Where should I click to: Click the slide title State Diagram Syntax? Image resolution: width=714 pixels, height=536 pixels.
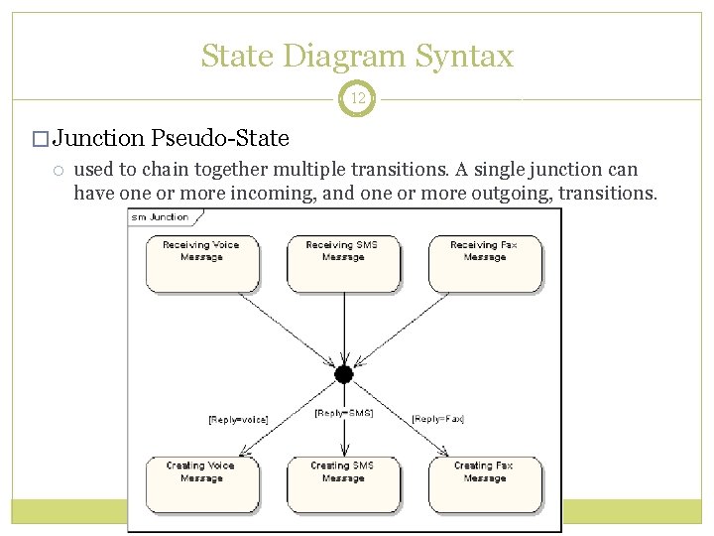click(357, 56)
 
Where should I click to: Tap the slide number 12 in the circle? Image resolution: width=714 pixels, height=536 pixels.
click(356, 99)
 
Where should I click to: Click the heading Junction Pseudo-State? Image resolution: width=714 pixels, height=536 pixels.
click(171, 137)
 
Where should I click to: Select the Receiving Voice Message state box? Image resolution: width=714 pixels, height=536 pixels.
click(202, 262)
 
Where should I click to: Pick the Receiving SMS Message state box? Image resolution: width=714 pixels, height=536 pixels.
click(343, 262)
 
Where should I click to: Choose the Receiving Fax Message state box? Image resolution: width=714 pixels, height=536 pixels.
click(484, 262)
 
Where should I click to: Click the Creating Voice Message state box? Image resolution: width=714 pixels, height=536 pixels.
click(202, 482)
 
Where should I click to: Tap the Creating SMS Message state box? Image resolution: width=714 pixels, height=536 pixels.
click(343, 482)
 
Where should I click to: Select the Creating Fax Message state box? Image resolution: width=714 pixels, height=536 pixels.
click(484, 482)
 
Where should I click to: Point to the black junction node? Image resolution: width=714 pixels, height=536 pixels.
click(344, 374)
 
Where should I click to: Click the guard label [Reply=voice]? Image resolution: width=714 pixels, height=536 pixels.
click(238, 420)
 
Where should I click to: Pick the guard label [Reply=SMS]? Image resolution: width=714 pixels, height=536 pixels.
click(343, 412)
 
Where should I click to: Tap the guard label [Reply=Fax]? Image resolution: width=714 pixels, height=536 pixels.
click(438, 419)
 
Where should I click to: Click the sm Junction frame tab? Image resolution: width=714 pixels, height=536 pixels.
click(160, 216)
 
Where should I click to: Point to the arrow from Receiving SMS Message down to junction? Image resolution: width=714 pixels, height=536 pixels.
click(344, 328)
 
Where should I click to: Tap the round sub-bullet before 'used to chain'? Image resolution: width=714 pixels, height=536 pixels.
click(59, 170)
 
